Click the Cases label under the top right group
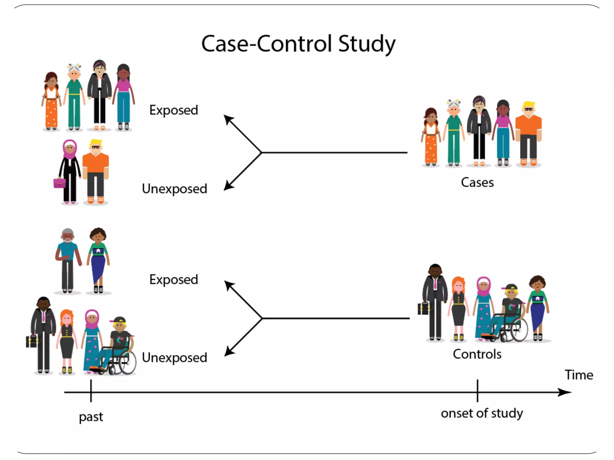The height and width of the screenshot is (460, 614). click(477, 182)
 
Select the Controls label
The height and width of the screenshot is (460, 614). click(477, 354)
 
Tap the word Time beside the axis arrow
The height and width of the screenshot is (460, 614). click(579, 375)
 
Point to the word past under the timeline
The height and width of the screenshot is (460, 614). click(91, 417)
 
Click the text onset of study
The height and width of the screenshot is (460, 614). click(482, 413)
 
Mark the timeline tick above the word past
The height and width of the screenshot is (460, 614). click(91, 391)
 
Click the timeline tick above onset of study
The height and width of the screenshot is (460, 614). click(477, 391)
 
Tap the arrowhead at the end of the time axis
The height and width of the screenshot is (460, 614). click(565, 392)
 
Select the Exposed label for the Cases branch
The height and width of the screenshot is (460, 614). click(174, 110)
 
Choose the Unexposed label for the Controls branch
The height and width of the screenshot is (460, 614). click(174, 358)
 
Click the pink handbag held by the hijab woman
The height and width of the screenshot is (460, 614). click(59, 183)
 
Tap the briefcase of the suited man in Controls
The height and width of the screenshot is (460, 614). click(423, 308)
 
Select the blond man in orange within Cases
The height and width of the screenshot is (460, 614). click(528, 133)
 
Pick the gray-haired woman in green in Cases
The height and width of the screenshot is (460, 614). click(454, 132)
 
